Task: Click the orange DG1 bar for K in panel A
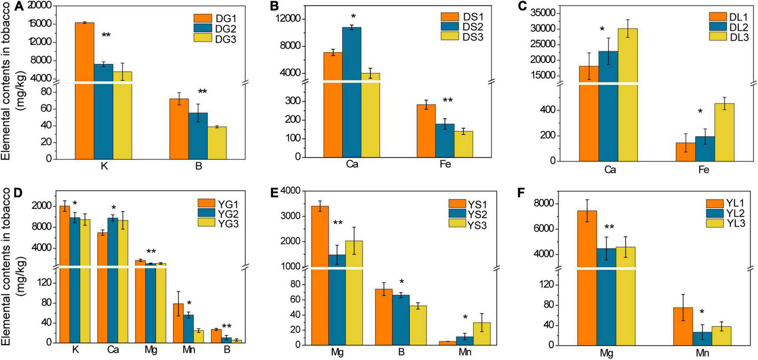pyautogui.click(x=84, y=90)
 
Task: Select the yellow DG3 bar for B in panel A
pyautogui.click(x=217, y=143)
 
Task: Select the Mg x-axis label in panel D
pyautogui.click(x=151, y=350)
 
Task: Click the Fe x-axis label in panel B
pyautogui.click(x=445, y=165)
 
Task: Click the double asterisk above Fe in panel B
pyautogui.click(x=447, y=101)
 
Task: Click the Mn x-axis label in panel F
pyautogui.click(x=703, y=354)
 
